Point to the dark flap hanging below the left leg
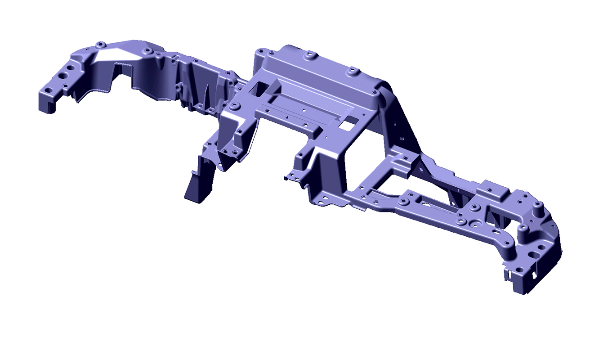pyautogui.click(x=198, y=180)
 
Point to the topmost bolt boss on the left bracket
pyautogui.click(x=101, y=45)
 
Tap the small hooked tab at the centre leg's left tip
pyautogui.click(x=286, y=177)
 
